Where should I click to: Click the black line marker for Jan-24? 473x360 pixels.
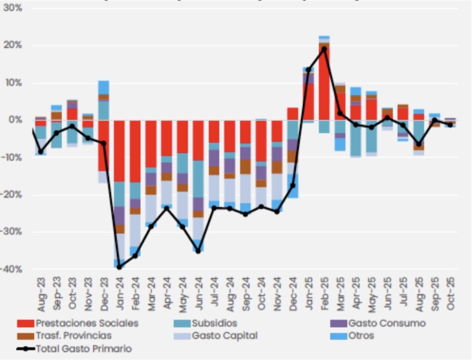point(119,267)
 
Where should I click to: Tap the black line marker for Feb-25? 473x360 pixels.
point(324,48)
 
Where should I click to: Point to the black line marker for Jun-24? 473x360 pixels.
point(198,251)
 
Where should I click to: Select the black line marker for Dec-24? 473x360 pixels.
point(292,185)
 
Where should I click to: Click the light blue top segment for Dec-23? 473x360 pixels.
point(103,87)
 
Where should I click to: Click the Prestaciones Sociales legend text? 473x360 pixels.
point(87,323)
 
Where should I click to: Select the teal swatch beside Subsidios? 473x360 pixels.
point(182,324)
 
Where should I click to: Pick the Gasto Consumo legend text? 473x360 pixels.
point(387,323)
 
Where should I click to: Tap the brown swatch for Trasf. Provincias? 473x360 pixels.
point(25,336)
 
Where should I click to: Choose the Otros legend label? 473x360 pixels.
point(361,336)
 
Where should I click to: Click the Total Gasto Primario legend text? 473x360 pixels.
point(84,348)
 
